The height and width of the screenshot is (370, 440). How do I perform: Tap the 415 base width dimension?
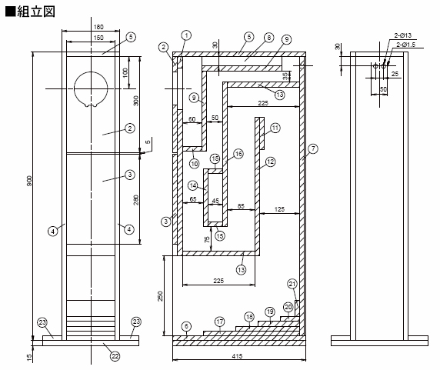239,359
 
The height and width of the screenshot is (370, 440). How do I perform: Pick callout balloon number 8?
268,38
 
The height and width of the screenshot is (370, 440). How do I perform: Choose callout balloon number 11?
275,127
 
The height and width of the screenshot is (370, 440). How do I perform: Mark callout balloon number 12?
270,162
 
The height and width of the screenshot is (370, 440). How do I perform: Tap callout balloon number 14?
192,185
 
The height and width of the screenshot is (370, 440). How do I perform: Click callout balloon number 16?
238,155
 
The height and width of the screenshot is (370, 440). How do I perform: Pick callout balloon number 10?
195,163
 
